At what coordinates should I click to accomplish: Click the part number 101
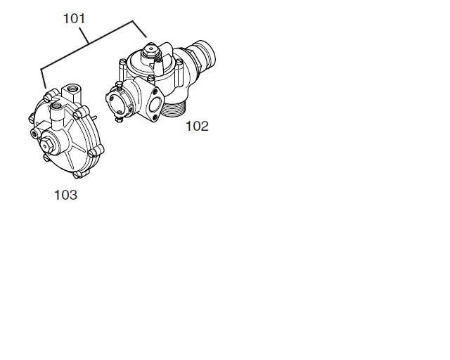(x=74, y=19)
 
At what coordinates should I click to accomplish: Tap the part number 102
(x=197, y=127)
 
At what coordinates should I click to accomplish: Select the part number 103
(x=65, y=195)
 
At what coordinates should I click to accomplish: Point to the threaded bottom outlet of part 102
(x=174, y=108)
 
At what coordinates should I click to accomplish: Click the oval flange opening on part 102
(x=155, y=104)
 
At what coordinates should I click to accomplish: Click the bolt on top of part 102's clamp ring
(x=120, y=84)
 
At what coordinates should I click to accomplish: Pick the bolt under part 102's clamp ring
(x=119, y=120)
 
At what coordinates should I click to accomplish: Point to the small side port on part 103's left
(x=35, y=133)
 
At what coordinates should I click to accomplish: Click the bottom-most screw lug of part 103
(x=77, y=174)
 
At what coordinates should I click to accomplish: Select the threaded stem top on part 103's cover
(x=56, y=107)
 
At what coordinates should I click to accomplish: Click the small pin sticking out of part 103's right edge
(x=94, y=117)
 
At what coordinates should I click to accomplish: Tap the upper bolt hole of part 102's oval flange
(x=156, y=91)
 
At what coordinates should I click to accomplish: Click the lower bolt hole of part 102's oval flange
(x=155, y=117)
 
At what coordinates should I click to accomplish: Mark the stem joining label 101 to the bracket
(x=84, y=36)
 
